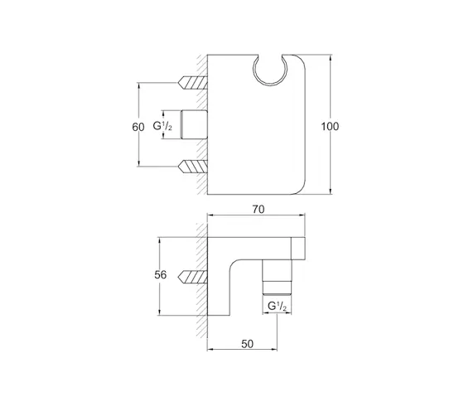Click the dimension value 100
[330, 127]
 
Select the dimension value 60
[138, 127]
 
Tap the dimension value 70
[259, 210]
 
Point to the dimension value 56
[161, 275]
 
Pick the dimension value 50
[248, 344]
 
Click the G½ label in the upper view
[162, 127]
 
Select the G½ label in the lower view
[277, 307]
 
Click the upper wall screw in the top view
[192, 83]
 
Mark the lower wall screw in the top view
[192, 167]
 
